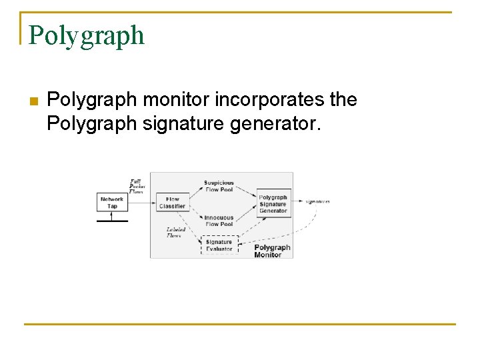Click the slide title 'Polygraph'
pyautogui.click(x=86, y=35)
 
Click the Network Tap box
pyautogui.click(x=112, y=203)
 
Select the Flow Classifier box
pyautogui.click(x=172, y=203)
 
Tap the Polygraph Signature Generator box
pyautogui.click(x=273, y=204)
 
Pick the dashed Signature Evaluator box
pyautogui.click(x=219, y=245)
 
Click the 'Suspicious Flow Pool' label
pyautogui.click(x=219, y=185)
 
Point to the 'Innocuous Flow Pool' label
pyautogui.click(x=219, y=221)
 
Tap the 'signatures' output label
pyautogui.click(x=318, y=201)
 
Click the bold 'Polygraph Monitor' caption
pyautogui.click(x=272, y=251)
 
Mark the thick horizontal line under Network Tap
pyautogui.click(x=111, y=220)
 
